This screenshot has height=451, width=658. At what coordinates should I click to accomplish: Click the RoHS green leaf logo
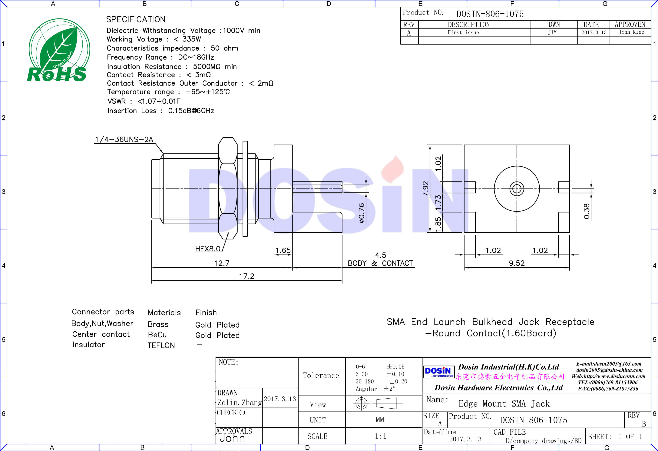pos(59,50)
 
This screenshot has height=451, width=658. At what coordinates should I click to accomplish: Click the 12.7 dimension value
pos(222,263)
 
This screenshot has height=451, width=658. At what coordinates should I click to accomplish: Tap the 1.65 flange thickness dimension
pos(283,250)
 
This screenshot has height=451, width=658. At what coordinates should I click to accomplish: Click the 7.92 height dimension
pos(425,189)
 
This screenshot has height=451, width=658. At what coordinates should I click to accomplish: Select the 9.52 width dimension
pos(517,263)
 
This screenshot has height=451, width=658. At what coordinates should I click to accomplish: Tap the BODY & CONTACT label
pos(380,263)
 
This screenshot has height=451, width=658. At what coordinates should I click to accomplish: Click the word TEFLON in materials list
pos(161,345)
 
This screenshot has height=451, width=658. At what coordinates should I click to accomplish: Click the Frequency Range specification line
pos(160,57)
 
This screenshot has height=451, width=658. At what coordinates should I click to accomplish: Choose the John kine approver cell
pos(631,32)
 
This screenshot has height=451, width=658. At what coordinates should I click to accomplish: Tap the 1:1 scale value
pos(380,436)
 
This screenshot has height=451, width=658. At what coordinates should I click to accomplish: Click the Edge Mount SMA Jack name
pos(504,403)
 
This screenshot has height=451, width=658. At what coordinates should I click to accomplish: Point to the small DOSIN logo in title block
pos(438,371)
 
